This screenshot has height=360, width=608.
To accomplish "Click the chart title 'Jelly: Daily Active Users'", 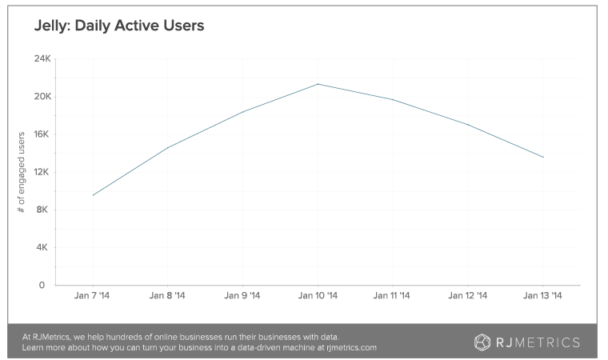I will pos(119,26).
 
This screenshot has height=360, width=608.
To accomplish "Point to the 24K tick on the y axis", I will pos(42,58).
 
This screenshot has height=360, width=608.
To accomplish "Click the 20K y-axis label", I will pos(42,97).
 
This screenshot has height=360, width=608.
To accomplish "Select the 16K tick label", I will pos(42,134).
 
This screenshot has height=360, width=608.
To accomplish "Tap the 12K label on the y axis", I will pos(42,172).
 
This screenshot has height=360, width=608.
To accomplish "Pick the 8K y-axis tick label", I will pos(43,210).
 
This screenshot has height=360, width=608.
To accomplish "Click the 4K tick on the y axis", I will pos(43,247).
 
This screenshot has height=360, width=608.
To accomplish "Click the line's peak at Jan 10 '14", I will pos(319,83).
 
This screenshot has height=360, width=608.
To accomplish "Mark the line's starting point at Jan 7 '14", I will pos(94,194).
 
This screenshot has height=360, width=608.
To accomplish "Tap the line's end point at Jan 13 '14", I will pos(544,157).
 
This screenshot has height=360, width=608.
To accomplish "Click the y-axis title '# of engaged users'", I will pos(22,171).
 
